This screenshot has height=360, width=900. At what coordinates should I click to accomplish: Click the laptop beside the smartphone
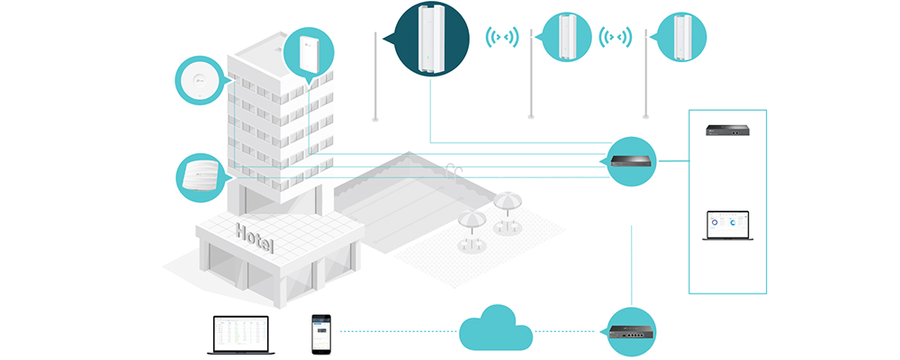tap(239, 334)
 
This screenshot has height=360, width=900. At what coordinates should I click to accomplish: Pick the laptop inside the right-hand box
tap(728, 225)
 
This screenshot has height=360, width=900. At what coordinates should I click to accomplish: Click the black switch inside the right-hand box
tap(728, 132)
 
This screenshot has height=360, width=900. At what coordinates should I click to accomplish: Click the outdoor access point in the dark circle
tap(433, 38)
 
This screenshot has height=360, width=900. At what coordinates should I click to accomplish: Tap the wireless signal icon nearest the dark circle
tap(502, 39)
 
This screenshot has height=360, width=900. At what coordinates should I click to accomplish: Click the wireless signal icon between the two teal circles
tap(617, 39)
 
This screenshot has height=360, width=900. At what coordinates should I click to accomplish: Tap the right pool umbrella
tap(507, 205)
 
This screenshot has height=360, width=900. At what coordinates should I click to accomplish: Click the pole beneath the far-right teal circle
tap(645, 85)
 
